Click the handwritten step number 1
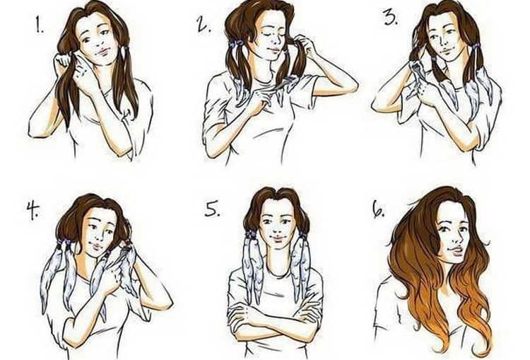pyautogui.click(x=40, y=25)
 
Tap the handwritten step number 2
pyautogui.click(x=204, y=24)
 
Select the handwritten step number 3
pyautogui.click(x=391, y=17)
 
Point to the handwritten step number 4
pyautogui.click(x=33, y=211)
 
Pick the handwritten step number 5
pyautogui.click(x=212, y=209)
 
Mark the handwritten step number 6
pyautogui.click(x=378, y=209)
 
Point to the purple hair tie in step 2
pyautogui.click(x=235, y=43)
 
